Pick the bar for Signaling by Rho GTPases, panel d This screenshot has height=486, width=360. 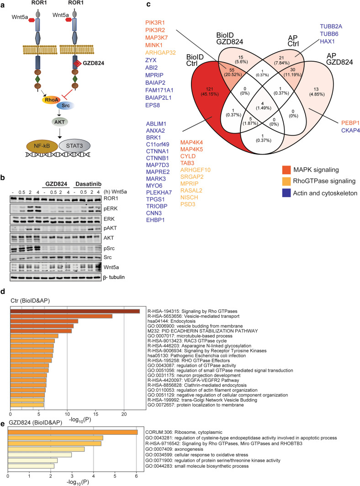(75, 311)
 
